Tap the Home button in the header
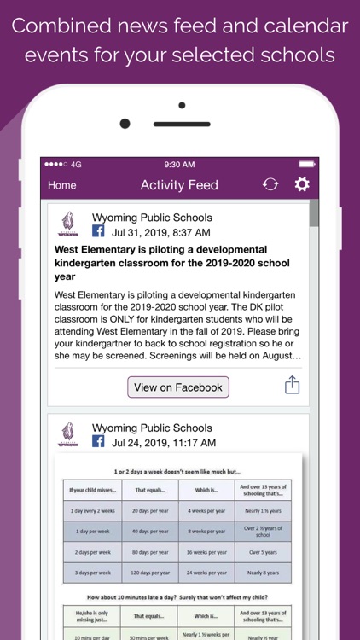coord(62,185)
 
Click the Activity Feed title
coord(179,185)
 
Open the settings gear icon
coord(302,184)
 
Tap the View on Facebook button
coord(178,387)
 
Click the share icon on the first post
coord(292,386)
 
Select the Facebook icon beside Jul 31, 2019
coord(98,232)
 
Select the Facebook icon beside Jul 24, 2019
coord(98,442)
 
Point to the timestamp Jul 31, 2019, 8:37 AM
coord(161,232)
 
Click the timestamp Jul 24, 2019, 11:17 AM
coord(164,442)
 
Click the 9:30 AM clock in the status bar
coord(179,164)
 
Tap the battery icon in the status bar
coord(306,164)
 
